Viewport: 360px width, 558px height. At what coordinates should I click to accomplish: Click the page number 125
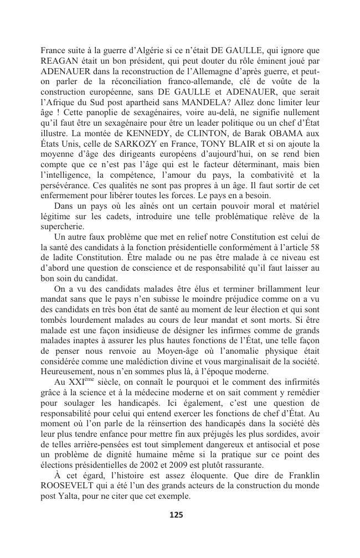tap(176, 515)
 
